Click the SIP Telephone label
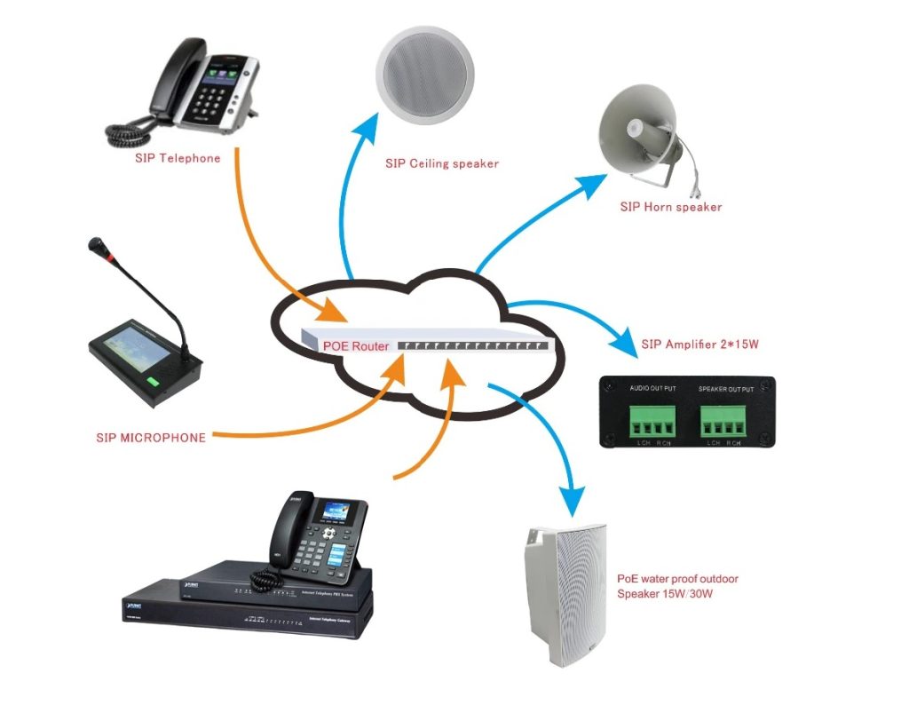click(x=177, y=159)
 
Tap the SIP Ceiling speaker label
click(x=441, y=163)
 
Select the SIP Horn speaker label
click(x=670, y=207)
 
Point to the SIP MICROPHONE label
click(x=151, y=438)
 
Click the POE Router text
click(x=355, y=345)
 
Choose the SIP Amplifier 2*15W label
click(x=700, y=344)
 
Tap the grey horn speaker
click(x=639, y=133)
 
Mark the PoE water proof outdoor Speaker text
click(x=677, y=586)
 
